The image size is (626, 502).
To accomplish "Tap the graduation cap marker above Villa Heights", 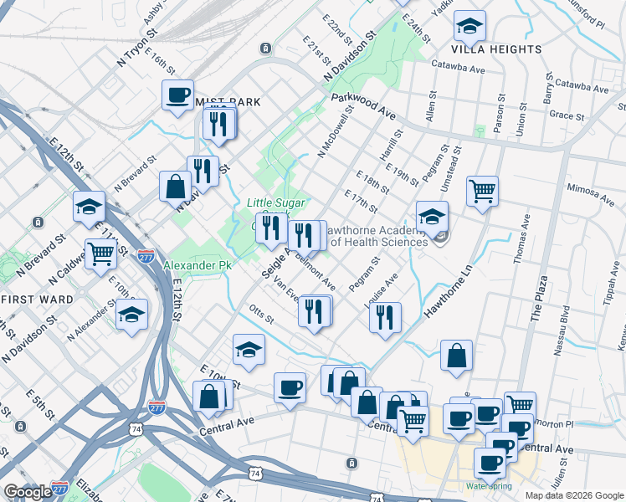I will [470, 28].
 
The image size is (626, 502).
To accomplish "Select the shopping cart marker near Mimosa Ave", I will [482, 192].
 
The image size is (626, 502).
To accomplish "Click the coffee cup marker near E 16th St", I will [177, 95].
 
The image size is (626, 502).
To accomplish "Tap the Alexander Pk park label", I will [197, 265].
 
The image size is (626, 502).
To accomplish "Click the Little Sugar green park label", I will [275, 202].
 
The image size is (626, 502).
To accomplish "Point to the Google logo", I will [28, 492].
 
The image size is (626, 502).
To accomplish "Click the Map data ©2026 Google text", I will [574, 495].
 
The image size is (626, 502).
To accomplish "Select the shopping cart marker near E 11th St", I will [100, 252].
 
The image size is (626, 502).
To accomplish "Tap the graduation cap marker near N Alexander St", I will [131, 315].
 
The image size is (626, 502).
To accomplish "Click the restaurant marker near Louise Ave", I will [384, 316].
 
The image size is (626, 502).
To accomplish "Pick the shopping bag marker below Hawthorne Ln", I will [457, 355].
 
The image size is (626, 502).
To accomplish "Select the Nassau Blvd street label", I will [559, 331].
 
